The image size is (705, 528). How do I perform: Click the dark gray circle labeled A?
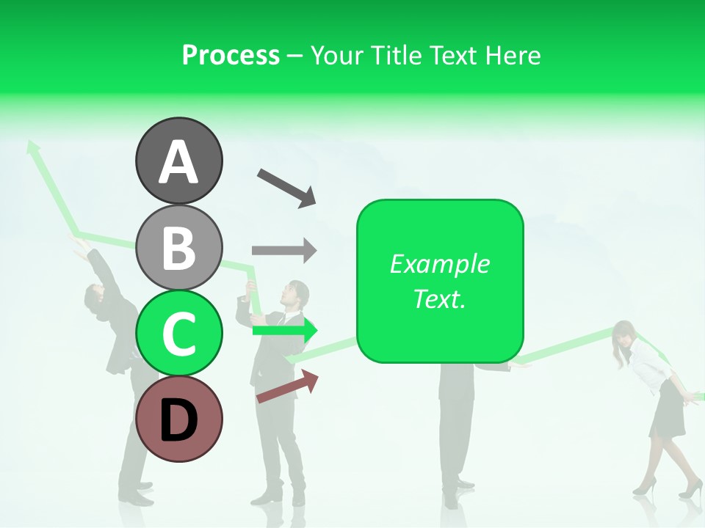pyautogui.click(x=178, y=161)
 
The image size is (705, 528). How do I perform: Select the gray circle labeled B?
pyautogui.click(x=178, y=247)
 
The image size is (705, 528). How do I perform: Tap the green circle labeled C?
pyautogui.click(x=178, y=333)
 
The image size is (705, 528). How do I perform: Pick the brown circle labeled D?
pyautogui.click(x=178, y=419)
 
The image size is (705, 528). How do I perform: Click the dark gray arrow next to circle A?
pyautogui.click(x=286, y=186)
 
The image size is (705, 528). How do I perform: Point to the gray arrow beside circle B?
pyautogui.click(x=284, y=250)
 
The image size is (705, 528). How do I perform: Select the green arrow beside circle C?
pyautogui.click(x=285, y=331)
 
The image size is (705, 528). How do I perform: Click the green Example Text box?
pyautogui.click(x=440, y=281)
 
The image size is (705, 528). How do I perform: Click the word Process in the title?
pyautogui.click(x=231, y=55)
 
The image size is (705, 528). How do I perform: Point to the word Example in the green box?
pyautogui.click(x=440, y=264)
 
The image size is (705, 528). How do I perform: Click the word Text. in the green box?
pyautogui.click(x=440, y=298)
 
